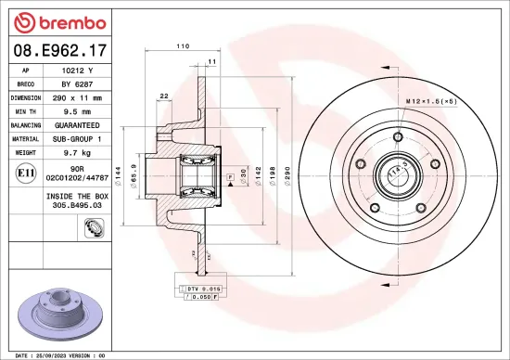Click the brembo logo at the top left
57,21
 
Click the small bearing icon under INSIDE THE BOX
93,228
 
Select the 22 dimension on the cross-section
164,96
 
